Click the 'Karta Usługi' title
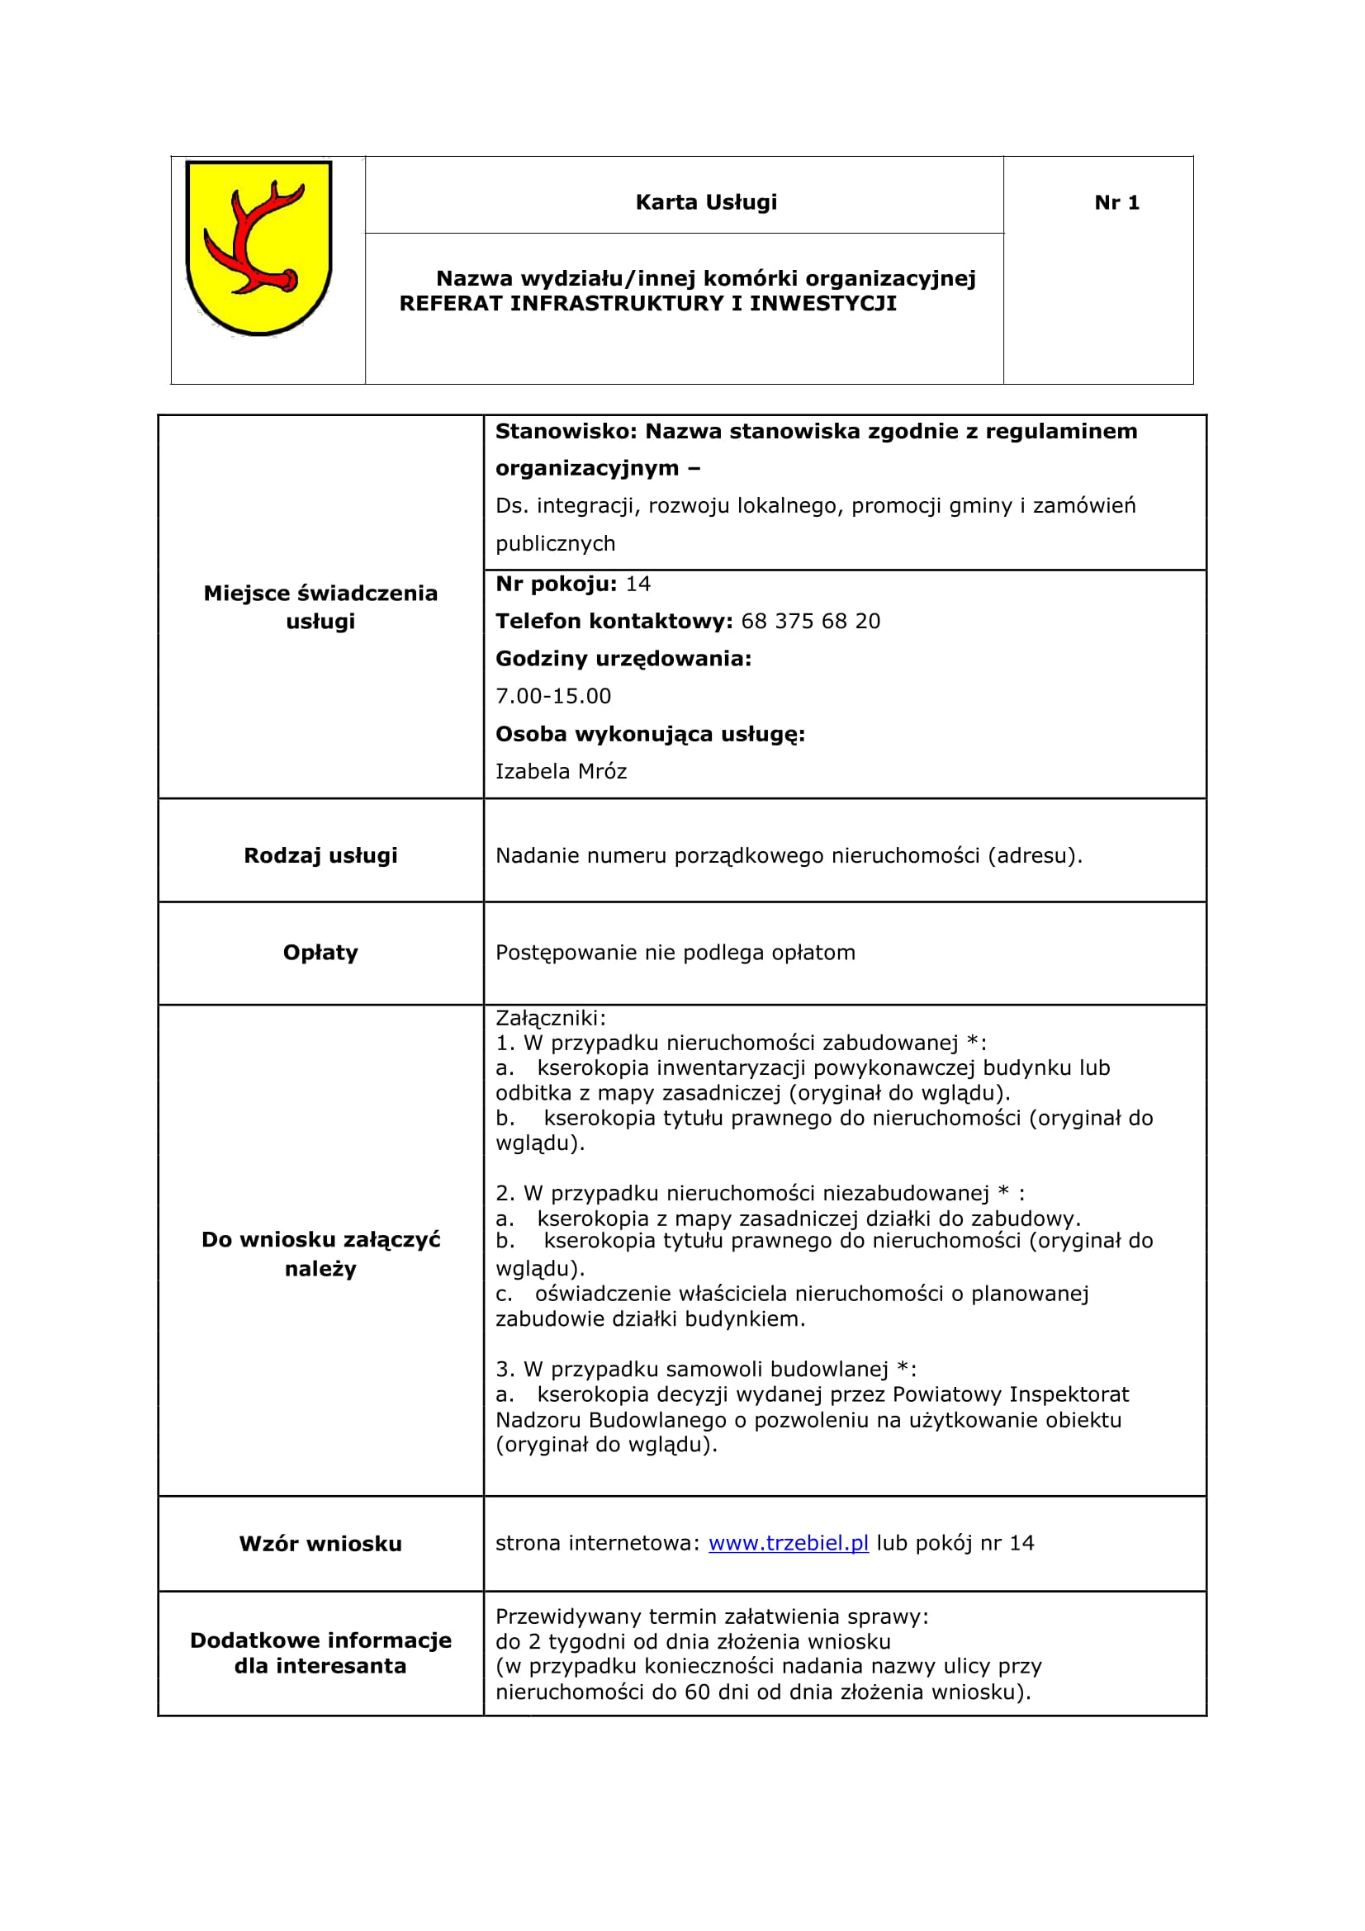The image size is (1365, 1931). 706,203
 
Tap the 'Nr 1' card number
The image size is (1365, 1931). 1116,203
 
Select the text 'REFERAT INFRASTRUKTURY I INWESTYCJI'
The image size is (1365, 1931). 647,304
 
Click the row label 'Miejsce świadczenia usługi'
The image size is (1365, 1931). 320,607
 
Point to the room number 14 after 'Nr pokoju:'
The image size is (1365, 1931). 638,584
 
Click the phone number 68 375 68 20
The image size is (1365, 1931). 810,621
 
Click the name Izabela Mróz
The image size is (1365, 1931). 561,771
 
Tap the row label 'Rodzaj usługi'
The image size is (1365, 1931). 320,855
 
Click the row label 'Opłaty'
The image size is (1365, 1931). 320,952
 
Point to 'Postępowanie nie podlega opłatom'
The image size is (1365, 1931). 675,952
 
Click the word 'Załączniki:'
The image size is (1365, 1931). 550,1018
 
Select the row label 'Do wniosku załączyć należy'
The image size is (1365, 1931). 320,1253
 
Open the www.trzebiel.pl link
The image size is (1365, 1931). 788,1542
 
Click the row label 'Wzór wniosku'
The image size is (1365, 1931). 320,1543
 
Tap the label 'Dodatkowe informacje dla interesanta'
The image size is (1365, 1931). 320,1653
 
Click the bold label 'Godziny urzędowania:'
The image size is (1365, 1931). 623,659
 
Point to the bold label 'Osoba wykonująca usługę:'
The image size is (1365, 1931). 650,733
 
